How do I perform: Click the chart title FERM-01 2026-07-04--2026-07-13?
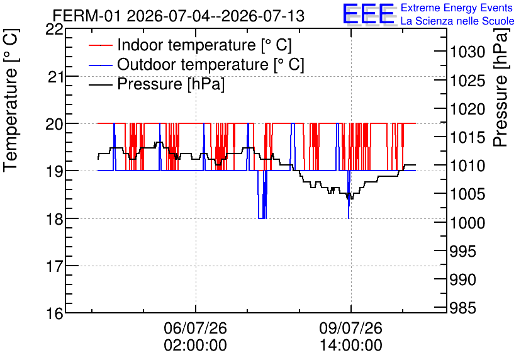point(179,16)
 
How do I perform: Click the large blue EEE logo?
point(368,14)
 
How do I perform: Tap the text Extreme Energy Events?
point(457,8)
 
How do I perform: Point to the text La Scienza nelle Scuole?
point(457,21)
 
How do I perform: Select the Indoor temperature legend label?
point(204,45)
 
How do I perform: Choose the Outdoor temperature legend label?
point(211,64)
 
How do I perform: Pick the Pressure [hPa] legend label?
point(171,84)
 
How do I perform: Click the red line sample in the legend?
point(100,45)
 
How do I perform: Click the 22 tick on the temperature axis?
point(55,30)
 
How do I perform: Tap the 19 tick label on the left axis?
point(55,171)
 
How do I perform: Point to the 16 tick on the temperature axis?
point(55,313)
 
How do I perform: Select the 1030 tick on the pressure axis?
point(467,52)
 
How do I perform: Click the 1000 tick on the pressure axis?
point(467,223)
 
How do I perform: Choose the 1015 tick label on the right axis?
point(467,138)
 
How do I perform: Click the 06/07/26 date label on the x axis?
point(195,328)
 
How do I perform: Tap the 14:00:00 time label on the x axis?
point(351,346)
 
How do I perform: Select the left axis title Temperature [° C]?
point(11,101)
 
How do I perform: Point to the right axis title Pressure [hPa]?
point(501,87)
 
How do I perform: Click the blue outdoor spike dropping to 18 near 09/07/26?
point(349,194)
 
